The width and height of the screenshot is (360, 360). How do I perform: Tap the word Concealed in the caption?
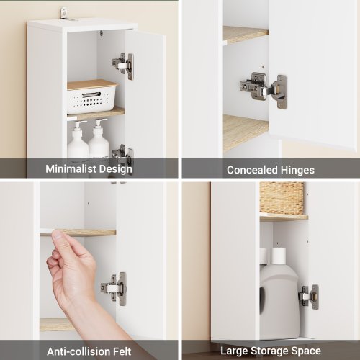pyautogui.click(x=252, y=170)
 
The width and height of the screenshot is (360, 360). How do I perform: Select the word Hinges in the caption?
pyautogui.click(x=297, y=171)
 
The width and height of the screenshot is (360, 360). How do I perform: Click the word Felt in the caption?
pyautogui.click(x=122, y=352)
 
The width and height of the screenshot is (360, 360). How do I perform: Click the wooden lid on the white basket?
pyautogui.click(x=93, y=85)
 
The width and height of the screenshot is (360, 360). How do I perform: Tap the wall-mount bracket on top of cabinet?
pyautogui.click(x=66, y=13)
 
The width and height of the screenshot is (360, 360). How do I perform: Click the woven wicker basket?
pyautogui.click(x=282, y=199)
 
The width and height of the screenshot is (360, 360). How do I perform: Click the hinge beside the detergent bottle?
pyautogui.click(x=309, y=297)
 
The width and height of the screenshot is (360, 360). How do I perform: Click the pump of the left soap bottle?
pyautogui.click(x=80, y=124)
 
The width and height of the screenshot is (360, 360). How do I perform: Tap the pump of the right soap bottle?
pyautogui.click(x=100, y=122)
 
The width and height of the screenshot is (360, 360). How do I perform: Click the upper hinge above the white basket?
pyautogui.click(x=123, y=66)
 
